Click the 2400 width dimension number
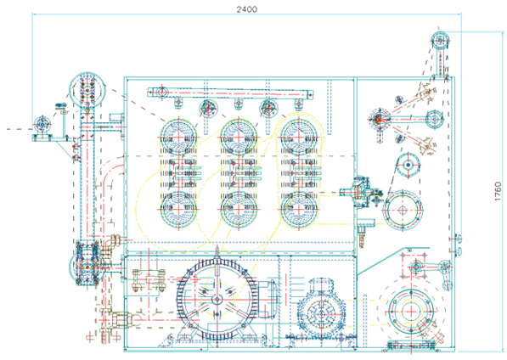[x=247, y=9]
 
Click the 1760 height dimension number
[x=499, y=191]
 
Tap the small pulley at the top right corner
[x=440, y=41]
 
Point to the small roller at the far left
[x=42, y=124]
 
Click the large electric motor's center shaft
[x=217, y=300]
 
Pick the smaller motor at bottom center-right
[x=322, y=310]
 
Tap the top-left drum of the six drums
[x=178, y=137]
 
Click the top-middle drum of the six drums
[x=239, y=137]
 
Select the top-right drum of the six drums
[x=299, y=137]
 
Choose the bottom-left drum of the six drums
[x=178, y=209]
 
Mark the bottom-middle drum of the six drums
[x=239, y=209]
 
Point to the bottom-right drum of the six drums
[x=299, y=209]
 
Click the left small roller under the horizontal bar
[x=208, y=109]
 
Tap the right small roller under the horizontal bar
[x=268, y=109]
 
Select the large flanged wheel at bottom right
[x=411, y=312]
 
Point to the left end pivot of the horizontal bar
[x=161, y=92]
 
